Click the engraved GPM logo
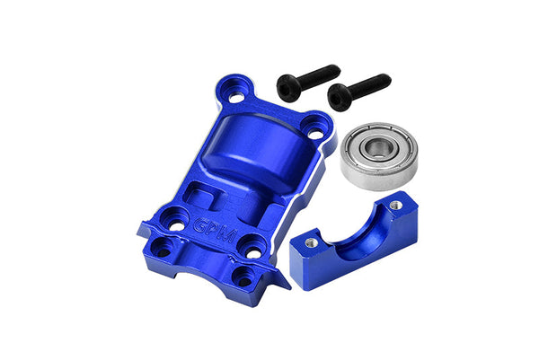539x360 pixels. point(214,231)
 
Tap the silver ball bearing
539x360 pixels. point(379,155)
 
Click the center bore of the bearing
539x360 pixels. point(378,147)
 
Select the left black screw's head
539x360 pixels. point(289,88)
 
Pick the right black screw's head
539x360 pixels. point(340,97)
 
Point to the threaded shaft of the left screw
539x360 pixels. point(320,75)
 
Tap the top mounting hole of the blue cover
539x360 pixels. point(235,98)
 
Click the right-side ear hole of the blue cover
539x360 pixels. point(315,134)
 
